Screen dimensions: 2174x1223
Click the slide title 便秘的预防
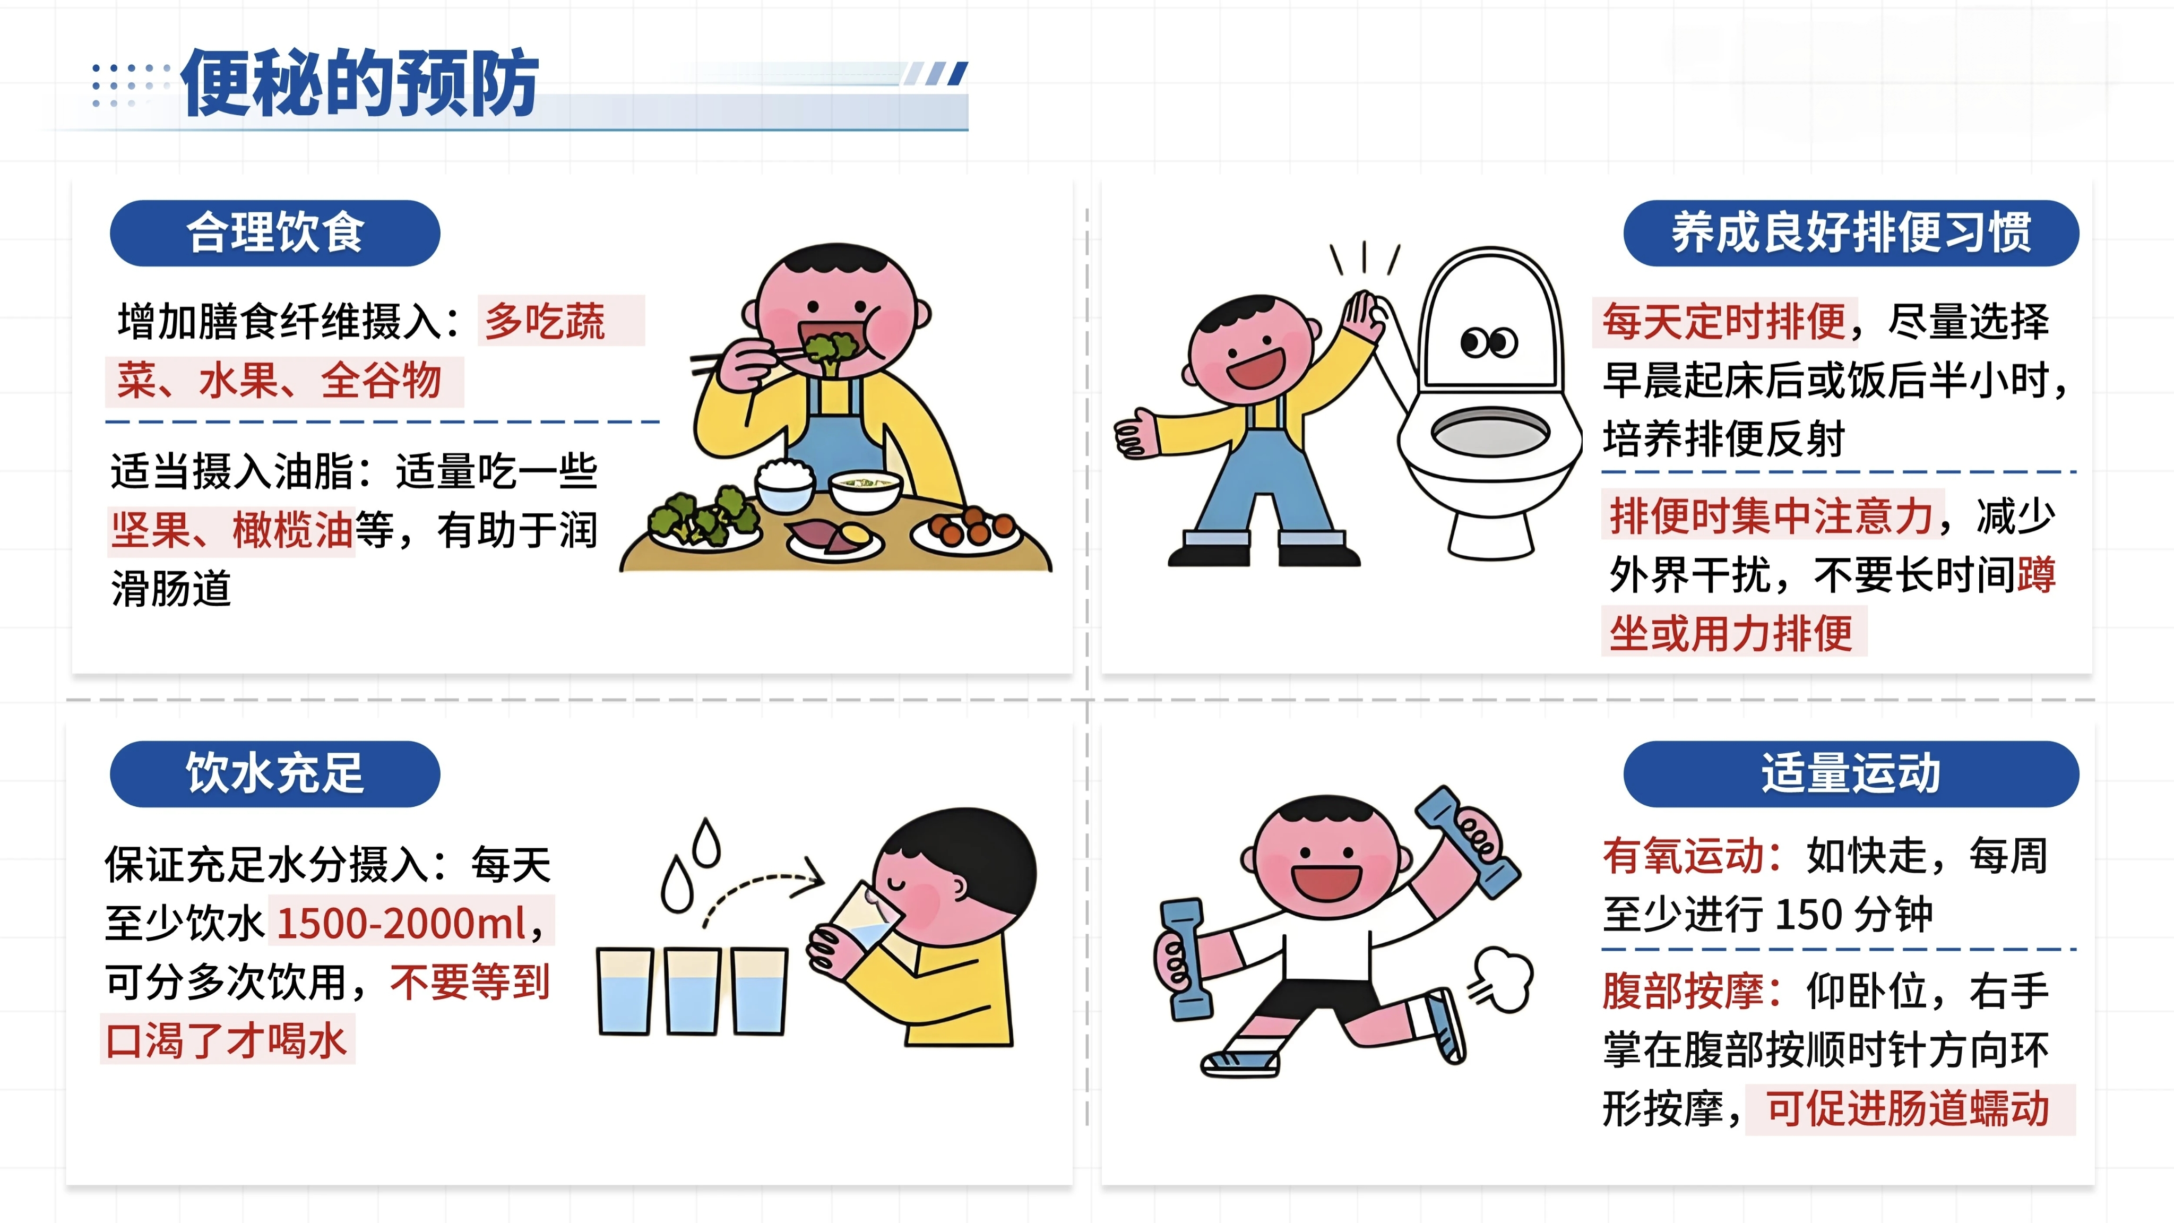(x=360, y=83)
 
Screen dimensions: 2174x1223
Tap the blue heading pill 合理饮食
(x=275, y=233)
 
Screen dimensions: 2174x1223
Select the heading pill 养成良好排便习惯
(x=1851, y=233)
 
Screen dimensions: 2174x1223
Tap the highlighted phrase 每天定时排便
(x=1724, y=322)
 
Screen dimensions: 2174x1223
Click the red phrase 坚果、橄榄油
(x=231, y=531)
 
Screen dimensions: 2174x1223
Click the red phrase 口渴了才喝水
(x=226, y=1040)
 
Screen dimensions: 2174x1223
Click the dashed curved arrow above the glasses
(x=760, y=880)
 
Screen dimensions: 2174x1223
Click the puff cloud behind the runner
(x=1500, y=981)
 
